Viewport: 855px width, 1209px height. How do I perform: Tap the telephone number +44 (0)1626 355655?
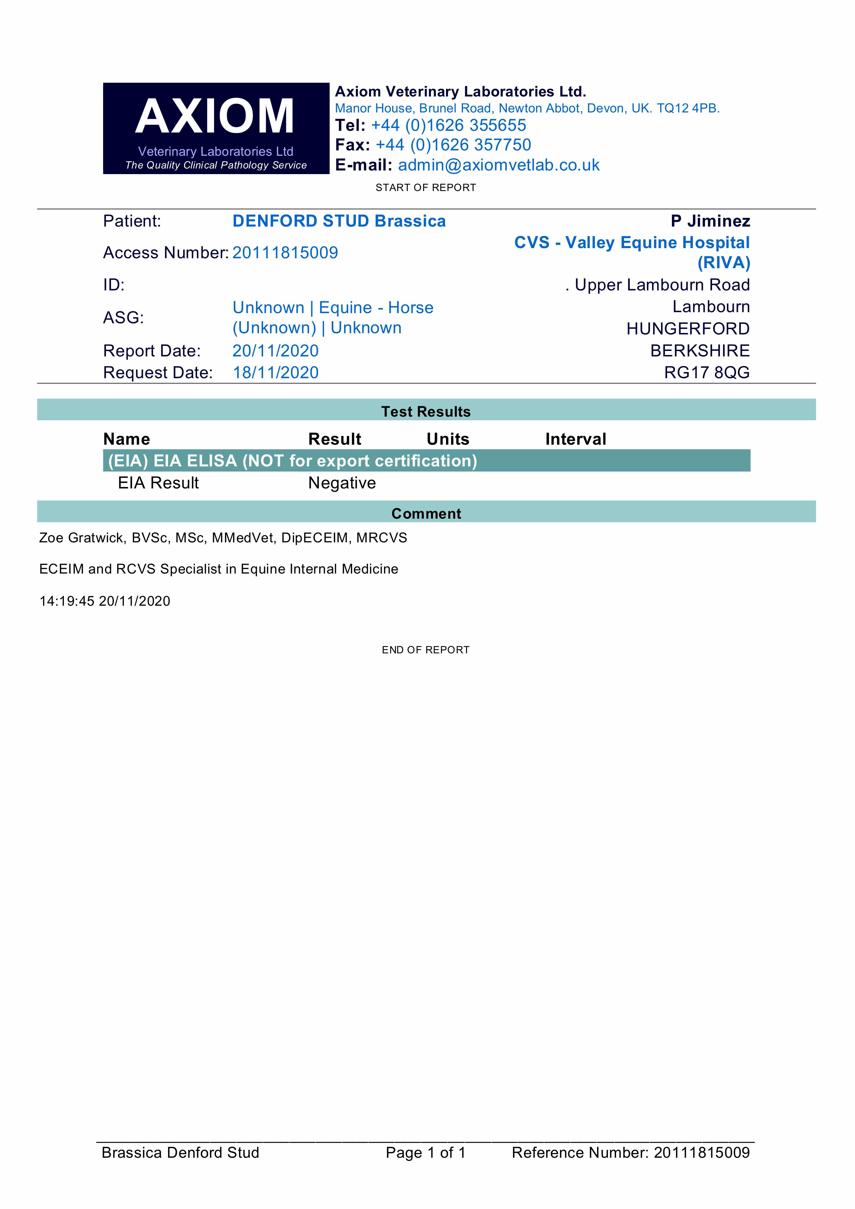point(448,125)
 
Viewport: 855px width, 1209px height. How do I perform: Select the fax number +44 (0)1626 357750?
point(453,145)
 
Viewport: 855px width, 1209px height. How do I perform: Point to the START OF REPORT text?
point(426,187)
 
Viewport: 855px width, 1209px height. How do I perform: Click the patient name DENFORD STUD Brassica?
point(339,221)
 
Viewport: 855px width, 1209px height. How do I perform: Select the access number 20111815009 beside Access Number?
point(285,253)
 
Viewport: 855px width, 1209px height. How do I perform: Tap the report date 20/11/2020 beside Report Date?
point(275,351)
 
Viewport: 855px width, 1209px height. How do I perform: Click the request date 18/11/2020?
point(275,372)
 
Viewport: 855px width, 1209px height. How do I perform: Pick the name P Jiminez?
point(710,221)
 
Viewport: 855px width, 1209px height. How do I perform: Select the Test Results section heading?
point(426,411)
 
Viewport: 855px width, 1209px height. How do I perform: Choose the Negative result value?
point(342,483)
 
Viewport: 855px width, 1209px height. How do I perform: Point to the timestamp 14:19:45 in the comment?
point(67,601)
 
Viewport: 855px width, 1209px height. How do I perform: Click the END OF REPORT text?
point(426,650)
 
